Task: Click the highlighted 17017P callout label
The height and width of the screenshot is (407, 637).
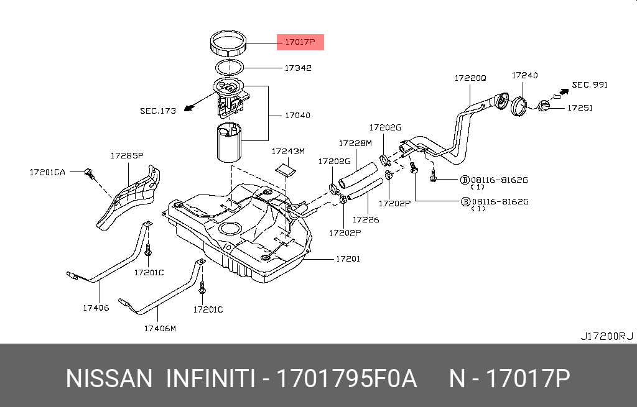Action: pos(300,42)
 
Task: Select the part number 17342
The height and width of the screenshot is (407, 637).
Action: pos(298,68)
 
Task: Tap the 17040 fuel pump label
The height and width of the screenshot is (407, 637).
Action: pos(297,116)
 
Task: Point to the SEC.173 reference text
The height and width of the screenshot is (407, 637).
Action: pos(157,111)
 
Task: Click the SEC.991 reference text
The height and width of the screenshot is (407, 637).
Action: pos(589,85)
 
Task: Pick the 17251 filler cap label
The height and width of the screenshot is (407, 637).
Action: pos(579,107)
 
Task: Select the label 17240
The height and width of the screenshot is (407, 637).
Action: pos(524,75)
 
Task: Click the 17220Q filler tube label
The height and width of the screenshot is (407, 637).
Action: pos(470,78)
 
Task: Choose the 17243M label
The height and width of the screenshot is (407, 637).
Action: pos(288,151)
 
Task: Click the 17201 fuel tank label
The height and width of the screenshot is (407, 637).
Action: pos(348,258)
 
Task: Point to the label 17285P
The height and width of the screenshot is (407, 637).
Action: pos(127,155)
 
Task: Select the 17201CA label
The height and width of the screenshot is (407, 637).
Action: pos(47,171)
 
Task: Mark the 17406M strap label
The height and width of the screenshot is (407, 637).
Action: pos(160,328)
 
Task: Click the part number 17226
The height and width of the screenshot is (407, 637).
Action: pos(366,219)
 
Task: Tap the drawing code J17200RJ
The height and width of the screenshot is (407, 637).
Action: pos(606,336)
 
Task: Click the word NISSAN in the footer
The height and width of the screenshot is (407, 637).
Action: pos(109,378)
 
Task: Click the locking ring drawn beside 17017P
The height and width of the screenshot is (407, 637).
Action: pos(230,44)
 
